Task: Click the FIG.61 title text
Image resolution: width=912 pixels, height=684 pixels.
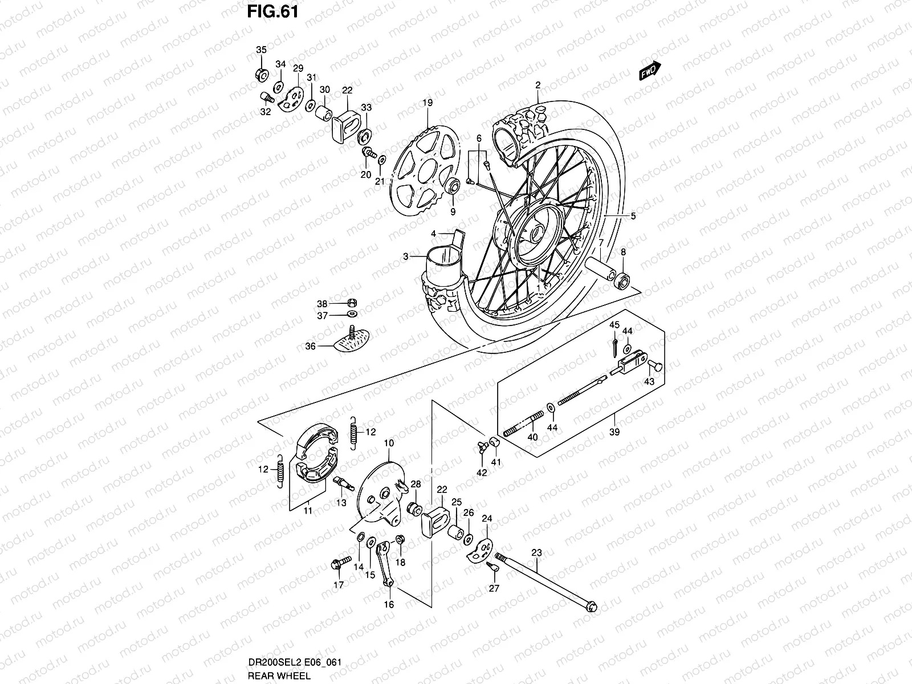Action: pos(272,12)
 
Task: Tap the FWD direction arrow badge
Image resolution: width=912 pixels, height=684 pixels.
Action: pos(649,71)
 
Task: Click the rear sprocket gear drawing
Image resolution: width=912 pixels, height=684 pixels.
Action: pos(426,170)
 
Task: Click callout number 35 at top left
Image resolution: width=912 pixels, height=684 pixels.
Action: pos(260,50)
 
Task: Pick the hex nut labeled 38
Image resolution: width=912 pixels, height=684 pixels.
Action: pos(352,303)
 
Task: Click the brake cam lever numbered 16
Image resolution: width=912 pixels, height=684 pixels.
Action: pos(385,564)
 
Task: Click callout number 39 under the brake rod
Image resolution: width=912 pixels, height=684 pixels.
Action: pos(614,432)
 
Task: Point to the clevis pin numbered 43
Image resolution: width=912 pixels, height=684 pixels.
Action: pos(655,365)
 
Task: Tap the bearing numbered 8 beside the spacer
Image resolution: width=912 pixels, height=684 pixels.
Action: pos(622,280)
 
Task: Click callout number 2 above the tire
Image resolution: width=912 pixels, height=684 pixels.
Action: pos(537,85)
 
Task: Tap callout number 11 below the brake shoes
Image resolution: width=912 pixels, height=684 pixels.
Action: pos(307,511)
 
